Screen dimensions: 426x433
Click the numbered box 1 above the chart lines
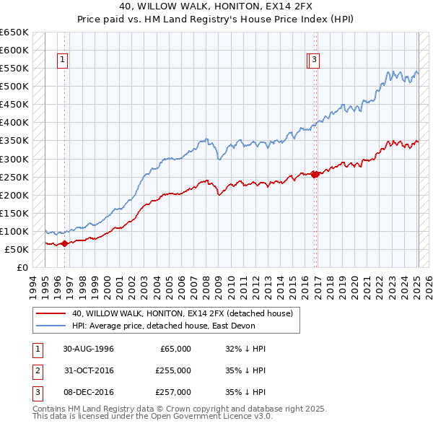[x=64, y=61]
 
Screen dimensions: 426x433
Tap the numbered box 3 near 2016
[x=315, y=61]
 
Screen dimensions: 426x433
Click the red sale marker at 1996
[x=65, y=243]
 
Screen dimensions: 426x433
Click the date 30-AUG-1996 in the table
[x=88, y=349]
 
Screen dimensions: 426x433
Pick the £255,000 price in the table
[x=173, y=370]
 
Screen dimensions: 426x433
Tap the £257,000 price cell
[x=173, y=392]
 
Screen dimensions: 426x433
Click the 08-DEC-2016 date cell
[x=88, y=392]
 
